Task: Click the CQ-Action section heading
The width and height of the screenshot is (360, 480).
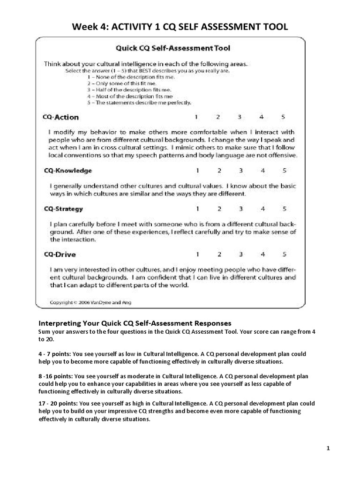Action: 61,117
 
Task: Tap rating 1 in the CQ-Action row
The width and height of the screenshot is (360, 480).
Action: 197,117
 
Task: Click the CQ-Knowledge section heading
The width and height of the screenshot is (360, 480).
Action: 68,171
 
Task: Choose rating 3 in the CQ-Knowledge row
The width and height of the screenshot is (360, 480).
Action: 240,170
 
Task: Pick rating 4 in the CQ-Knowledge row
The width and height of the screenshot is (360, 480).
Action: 262,170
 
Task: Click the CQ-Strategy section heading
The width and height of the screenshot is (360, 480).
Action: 63,209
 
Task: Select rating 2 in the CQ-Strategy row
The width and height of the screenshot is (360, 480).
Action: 219,209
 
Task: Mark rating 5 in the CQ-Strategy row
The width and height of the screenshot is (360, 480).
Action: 284,209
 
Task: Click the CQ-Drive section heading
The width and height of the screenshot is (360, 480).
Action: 60,255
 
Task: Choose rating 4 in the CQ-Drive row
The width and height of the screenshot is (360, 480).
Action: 262,255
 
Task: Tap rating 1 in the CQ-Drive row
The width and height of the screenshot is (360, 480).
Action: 197,255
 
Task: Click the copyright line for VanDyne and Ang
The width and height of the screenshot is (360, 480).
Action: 91,302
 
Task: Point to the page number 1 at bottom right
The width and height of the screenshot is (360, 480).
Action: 328,449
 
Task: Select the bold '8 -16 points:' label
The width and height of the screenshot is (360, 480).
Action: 56,376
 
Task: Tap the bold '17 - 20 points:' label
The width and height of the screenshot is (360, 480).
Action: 58,403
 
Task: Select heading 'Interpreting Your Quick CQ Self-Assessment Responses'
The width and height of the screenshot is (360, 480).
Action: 135,323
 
